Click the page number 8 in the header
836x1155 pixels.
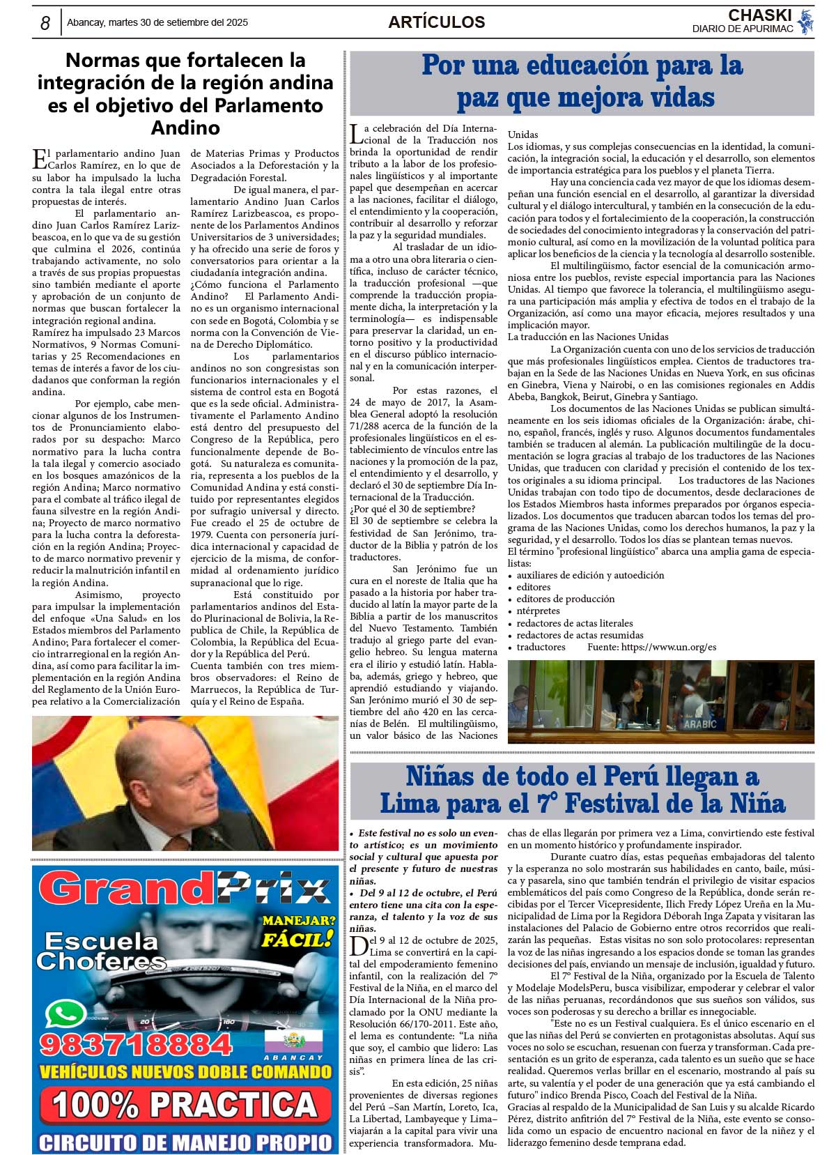45,23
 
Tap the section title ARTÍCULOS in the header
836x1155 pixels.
436,22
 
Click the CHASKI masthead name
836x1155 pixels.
759,15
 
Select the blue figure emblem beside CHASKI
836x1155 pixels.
806,22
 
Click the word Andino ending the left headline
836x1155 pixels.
185,128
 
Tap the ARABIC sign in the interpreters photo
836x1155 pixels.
699,724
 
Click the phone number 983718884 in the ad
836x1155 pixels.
136,1044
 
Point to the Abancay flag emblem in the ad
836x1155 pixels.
293,1042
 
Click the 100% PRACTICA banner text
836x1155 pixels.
185,1105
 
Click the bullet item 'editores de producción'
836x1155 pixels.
565,599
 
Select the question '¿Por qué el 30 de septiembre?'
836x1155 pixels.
412,509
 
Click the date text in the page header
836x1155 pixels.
157,22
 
